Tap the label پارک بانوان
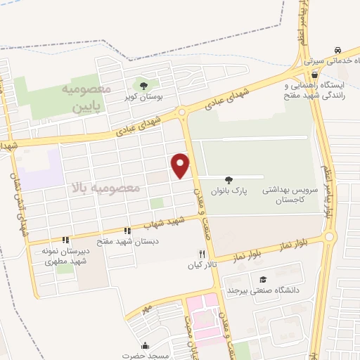point(229,191)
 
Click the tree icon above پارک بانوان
point(229,179)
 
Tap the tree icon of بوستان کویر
point(143,86)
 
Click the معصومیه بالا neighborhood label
point(105,188)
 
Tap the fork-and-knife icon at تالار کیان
point(202,254)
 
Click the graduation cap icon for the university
point(263,279)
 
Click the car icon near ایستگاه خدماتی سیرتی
point(339,51)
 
